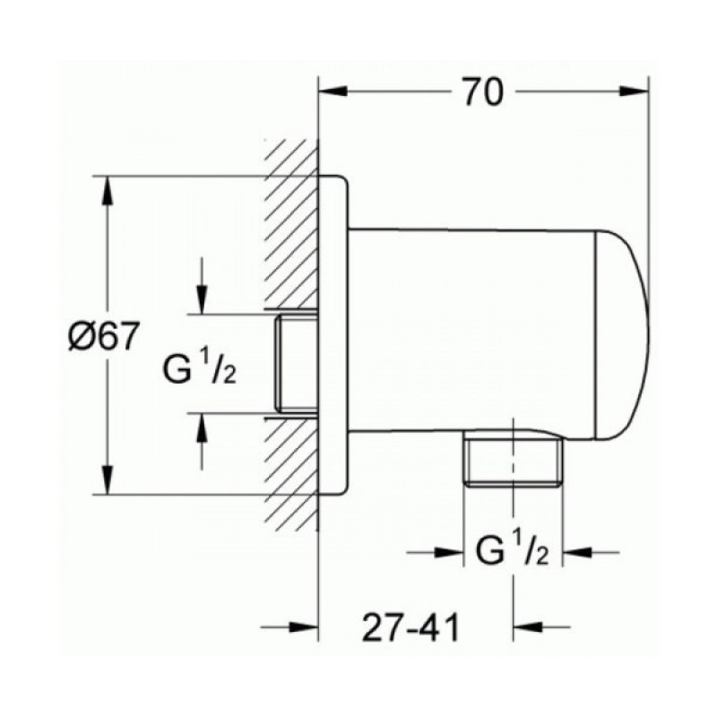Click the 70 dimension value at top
tap(483, 92)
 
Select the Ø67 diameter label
tap(102, 336)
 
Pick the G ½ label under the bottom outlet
tap(512, 552)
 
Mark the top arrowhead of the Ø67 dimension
tap(108, 191)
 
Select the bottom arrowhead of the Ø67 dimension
tap(108, 479)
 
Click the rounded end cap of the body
tap(622, 335)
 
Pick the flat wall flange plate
tap(333, 335)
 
